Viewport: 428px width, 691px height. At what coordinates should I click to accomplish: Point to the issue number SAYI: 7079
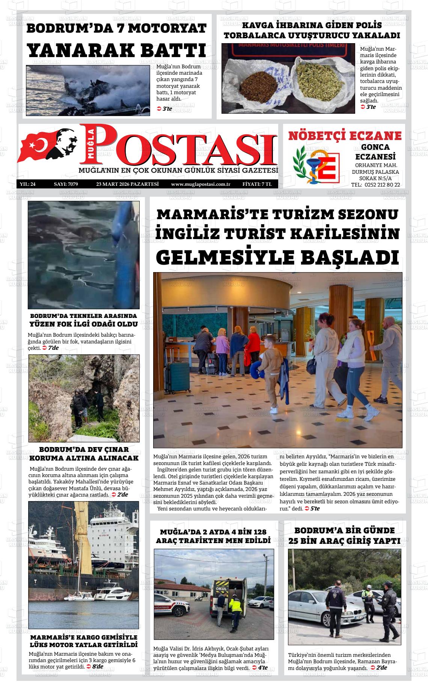(x=66, y=184)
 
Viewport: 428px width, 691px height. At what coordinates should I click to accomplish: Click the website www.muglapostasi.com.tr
(x=200, y=184)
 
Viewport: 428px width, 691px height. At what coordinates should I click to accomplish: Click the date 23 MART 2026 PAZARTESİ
(x=128, y=184)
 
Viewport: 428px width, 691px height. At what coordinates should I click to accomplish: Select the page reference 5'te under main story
(x=315, y=508)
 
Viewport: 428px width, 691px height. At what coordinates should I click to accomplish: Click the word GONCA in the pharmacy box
(x=375, y=147)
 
